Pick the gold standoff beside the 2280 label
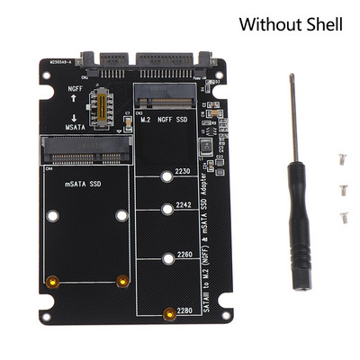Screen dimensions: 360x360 [x=168, y=313]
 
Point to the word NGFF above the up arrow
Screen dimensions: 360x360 [x=75, y=89]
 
